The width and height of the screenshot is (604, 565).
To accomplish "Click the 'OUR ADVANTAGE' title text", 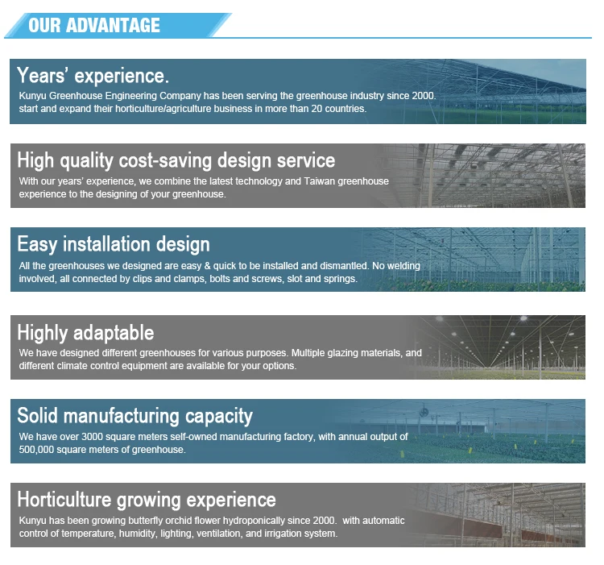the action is [x=94, y=26].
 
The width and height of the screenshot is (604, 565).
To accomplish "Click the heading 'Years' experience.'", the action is [x=93, y=76].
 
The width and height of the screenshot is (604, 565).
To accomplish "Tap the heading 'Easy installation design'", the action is [x=114, y=245].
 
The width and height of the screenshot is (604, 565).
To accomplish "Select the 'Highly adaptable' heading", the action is [x=85, y=333].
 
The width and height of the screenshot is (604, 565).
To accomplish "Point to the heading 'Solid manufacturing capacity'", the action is [x=134, y=417].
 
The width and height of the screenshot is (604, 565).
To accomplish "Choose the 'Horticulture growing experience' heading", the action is [x=147, y=501].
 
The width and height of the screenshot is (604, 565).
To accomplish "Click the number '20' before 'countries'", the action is [x=316, y=109].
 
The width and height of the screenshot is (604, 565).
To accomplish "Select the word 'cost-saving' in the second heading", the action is [x=165, y=160].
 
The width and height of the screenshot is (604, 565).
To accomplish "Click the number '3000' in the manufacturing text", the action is [x=92, y=437].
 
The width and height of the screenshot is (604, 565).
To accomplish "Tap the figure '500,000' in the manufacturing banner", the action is [x=36, y=450].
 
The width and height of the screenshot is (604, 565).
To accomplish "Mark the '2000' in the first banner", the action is [x=423, y=96].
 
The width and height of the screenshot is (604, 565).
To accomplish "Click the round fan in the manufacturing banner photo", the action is [x=424, y=412].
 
